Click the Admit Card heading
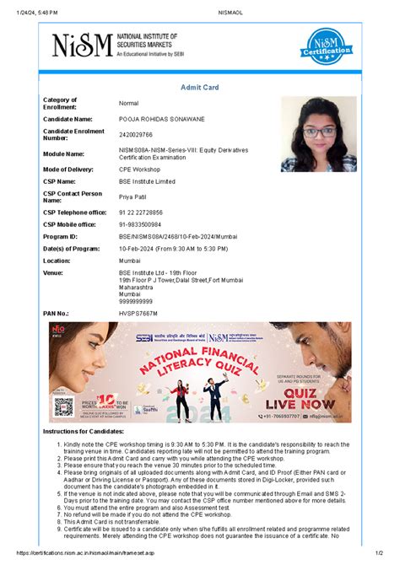(x=200, y=87)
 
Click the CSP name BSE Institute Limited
(x=148, y=181)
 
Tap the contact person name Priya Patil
(x=134, y=196)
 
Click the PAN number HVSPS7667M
(x=138, y=313)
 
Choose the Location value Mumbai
(x=131, y=262)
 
